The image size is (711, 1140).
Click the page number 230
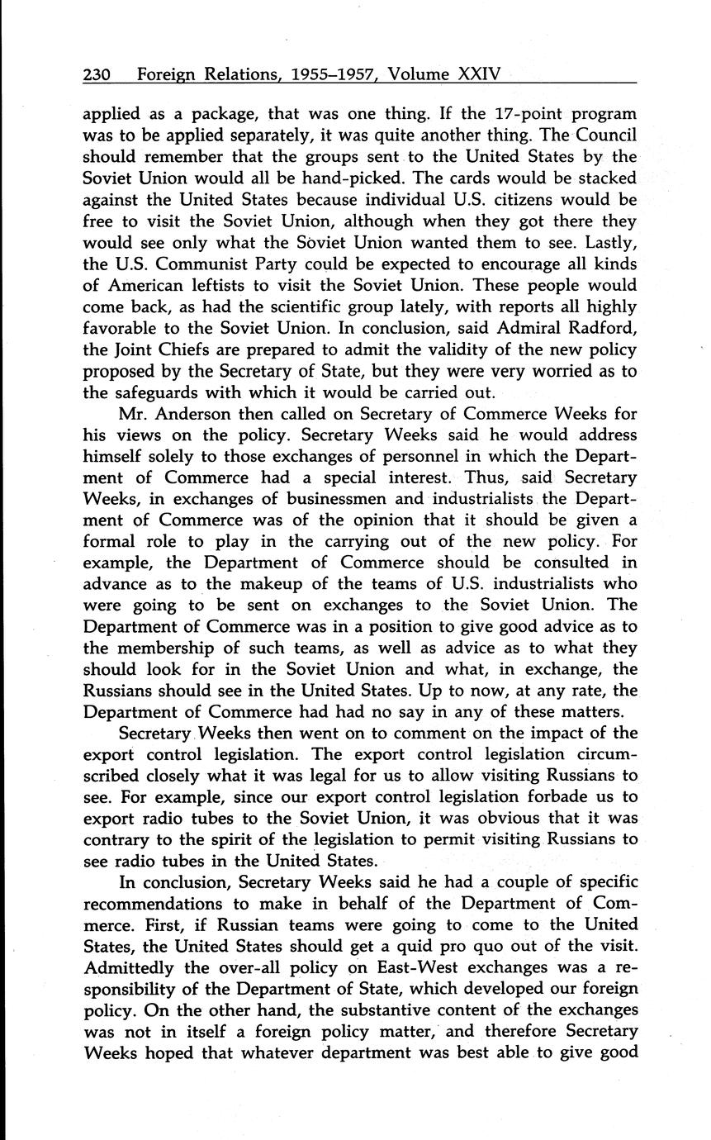point(97,75)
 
